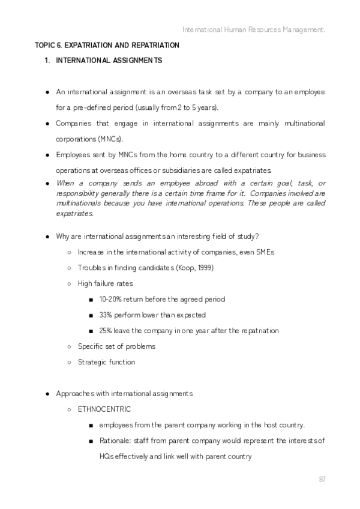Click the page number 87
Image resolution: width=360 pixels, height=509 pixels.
coord(322,478)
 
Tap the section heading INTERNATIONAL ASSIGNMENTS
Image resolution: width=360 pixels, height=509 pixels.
coord(109,61)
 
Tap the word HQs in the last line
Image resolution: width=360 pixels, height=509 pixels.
coord(107,457)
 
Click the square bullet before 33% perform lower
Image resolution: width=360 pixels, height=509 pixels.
coord(89,315)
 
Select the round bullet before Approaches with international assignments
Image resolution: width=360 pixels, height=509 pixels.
coord(47,394)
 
